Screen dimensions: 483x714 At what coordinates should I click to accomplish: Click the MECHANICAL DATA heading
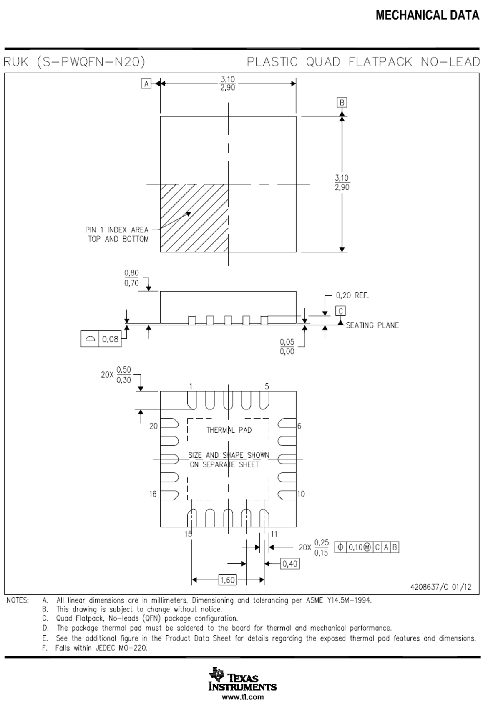pyautogui.click(x=427, y=15)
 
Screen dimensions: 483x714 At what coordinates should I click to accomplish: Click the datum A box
pyautogui.click(x=146, y=84)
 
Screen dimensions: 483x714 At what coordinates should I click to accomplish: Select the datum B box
pyautogui.click(x=342, y=102)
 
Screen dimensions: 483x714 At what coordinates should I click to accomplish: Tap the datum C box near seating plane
pyautogui.click(x=340, y=311)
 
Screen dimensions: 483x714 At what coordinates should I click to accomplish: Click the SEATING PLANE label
pyautogui.click(x=372, y=325)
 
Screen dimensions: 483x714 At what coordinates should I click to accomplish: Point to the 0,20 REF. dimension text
pyautogui.click(x=352, y=295)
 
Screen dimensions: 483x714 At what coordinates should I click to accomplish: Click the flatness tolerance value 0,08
pyautogui.click(x=110, y=339)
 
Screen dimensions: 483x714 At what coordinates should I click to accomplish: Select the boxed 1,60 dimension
pyautogui.click(x=227, y=580)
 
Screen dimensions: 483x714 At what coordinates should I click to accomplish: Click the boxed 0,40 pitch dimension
pyautogui.click(x=290, y=564)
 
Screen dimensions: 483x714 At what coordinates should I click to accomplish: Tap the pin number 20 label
pyautogui.click(x=153, y=426)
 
